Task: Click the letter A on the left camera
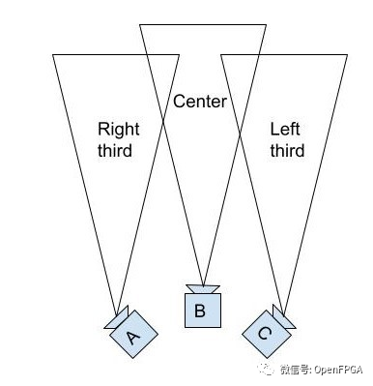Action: coord(133,335)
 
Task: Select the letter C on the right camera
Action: coord(264,333)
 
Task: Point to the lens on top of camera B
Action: coord(203,287)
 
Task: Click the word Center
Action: coord(199,101)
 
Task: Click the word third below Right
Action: coord(115,151)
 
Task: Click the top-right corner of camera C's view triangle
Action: coord(345,55)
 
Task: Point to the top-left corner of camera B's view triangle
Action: coord(140,23)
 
